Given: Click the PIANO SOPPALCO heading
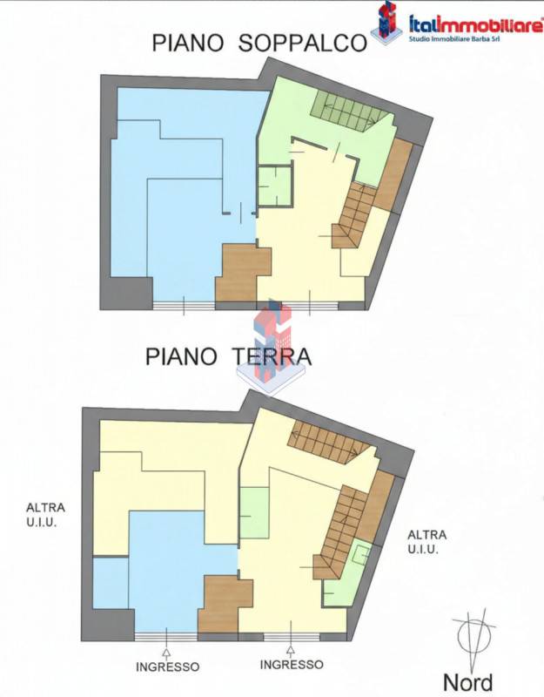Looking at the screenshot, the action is click(259, 43).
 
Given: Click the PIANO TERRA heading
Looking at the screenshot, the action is click(228, 356).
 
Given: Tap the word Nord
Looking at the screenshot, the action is click(468, 682).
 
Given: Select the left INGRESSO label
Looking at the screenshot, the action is click(167, 667).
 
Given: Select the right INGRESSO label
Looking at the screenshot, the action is click(292, 665).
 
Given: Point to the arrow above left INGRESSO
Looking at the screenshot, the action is click(167, 653).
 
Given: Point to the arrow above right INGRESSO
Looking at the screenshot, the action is click(291, 651).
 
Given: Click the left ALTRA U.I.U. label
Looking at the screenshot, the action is click(45, 515).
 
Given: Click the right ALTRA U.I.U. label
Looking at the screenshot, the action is click(426, 541).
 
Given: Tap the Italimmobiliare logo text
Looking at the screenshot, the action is click(475, 24).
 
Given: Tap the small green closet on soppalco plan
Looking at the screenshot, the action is click(275, 186).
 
